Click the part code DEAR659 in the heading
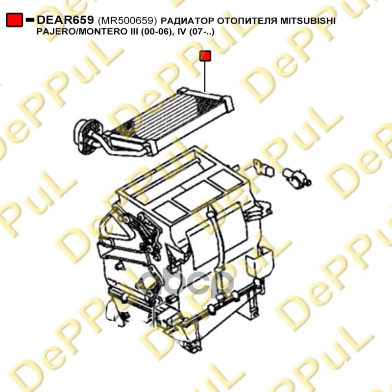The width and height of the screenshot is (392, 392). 65,20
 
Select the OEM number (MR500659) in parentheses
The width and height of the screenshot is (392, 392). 127,21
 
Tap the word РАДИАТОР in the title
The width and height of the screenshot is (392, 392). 188,21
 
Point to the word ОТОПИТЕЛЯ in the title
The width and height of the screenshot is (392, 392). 247,21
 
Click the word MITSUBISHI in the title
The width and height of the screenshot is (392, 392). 308,21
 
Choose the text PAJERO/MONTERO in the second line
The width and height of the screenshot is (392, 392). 84,32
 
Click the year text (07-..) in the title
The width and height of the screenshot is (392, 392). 201,32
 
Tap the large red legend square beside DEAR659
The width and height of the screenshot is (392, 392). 15,20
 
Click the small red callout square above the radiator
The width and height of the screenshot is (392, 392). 205,56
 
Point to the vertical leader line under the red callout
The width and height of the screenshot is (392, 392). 205,77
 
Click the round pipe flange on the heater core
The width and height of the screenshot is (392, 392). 83,136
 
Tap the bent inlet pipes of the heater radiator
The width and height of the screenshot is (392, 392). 118,144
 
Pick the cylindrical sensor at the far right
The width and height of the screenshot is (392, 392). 297,178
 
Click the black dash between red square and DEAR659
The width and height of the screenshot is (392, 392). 30,20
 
